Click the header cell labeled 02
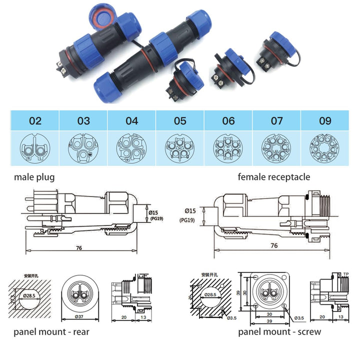pos(35,121)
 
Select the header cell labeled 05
pos(180,121)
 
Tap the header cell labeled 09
pos(325,121)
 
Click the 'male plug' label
pos(34,176)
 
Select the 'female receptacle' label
pos(273,176)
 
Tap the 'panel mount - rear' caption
pos(52,331)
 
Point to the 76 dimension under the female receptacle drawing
pos(273,245)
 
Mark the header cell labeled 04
pos(131,121)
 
